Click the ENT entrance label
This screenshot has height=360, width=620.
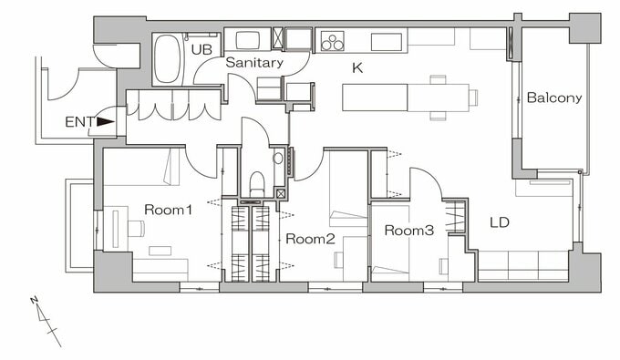(80, 122)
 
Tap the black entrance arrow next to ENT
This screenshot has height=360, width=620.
(106, 122)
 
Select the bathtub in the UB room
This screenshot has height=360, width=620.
(167, 59)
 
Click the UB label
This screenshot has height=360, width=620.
(201, 49)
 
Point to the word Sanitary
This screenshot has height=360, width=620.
(254, 63)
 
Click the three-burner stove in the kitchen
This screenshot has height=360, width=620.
(332, 42)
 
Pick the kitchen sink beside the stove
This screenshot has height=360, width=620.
(387, 42)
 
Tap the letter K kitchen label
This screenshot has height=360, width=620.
(357, 68)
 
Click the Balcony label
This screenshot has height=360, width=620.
(554, 98)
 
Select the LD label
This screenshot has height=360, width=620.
(500, 222)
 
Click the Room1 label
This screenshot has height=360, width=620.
(168, 210)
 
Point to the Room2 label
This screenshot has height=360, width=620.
(310, 239)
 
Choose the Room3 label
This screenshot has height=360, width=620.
(409, 230)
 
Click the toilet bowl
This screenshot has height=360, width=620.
(257, 184)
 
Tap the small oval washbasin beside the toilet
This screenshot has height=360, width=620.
(278, 159)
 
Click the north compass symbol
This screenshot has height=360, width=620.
(46, 321)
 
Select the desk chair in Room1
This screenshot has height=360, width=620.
(137, 229)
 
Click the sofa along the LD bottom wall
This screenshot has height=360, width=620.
(523, 265)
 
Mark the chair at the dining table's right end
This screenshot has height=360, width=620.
(473, 98)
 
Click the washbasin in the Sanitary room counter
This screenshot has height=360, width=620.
(248, 40)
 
